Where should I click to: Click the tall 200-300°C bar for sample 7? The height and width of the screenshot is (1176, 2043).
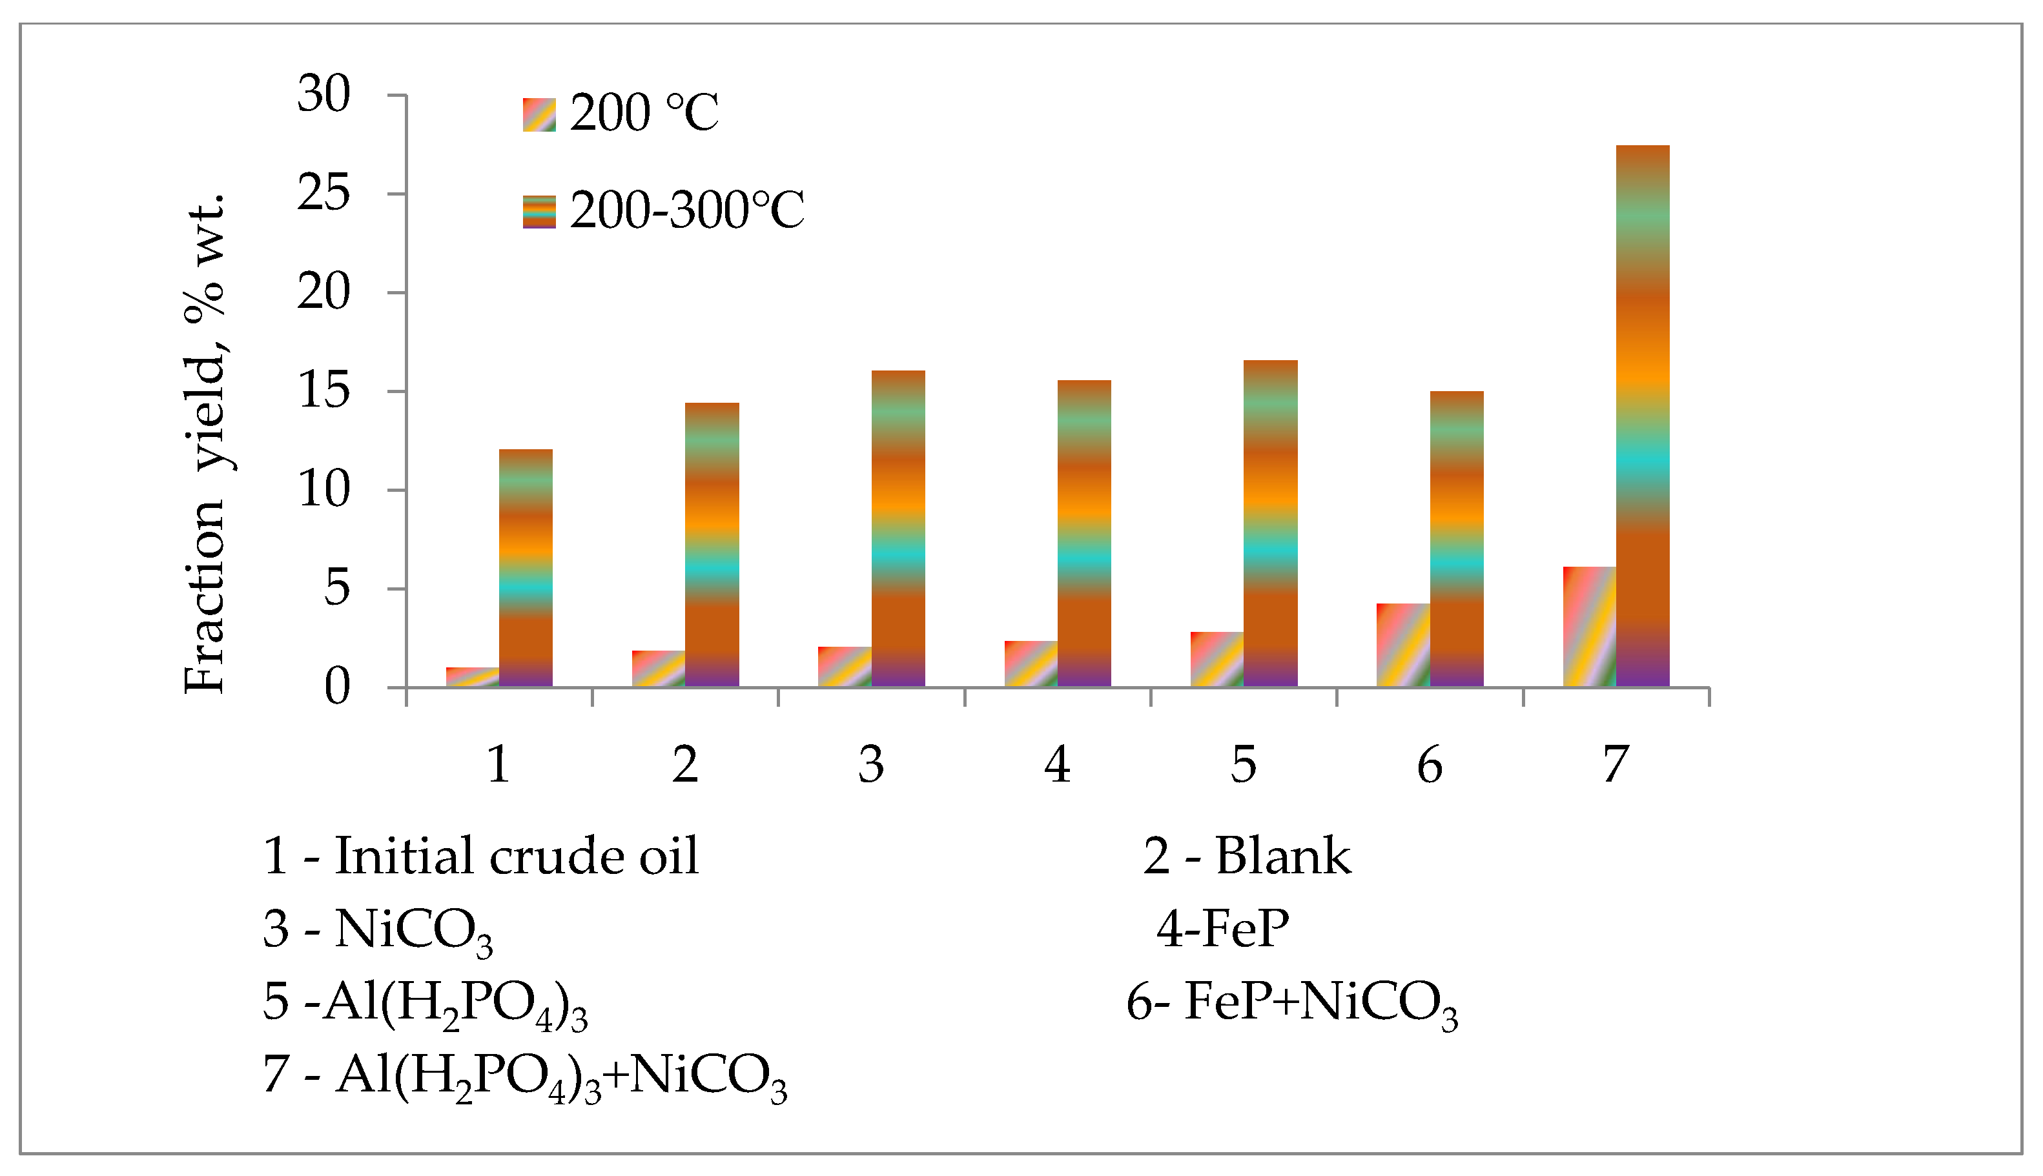(x=1642, y=416)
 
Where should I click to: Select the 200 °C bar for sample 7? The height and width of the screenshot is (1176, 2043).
(x=1589, y=627)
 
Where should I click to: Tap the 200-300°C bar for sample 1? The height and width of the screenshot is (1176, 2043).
(x=526, y=568)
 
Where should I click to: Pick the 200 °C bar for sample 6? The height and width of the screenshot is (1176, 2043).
(x=1403, y=645)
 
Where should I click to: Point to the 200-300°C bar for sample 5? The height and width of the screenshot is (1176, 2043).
(x=1270, y=523)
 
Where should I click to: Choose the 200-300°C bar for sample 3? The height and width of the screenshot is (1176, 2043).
(x=898, y=529)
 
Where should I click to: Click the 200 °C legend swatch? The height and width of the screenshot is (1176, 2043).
(x=539, y=115)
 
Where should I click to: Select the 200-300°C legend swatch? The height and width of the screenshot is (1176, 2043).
(x=539, y=212)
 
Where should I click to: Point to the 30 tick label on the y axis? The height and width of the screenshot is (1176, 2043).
(x=324, y=94)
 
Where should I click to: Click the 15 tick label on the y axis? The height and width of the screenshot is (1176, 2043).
(x=324, y=391)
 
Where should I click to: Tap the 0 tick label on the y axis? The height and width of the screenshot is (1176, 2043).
(x=337, y=687)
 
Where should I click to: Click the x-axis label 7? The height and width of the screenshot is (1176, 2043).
(x=1616, y=764)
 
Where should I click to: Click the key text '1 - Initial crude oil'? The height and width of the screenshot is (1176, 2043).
(x=480, y=856)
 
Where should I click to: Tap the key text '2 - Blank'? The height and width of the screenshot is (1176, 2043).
(x=1246, y=856)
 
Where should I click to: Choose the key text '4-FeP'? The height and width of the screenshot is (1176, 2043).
(x=1222, y=929)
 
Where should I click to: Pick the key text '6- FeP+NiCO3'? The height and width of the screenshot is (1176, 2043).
(x=1291, y=1003)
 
